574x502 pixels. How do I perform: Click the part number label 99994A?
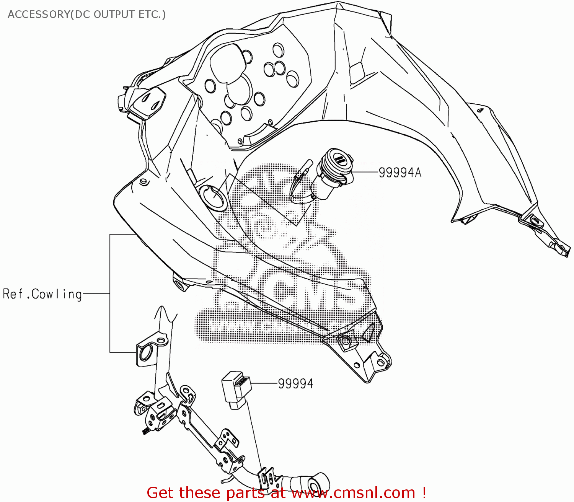pyautogui.click(x=400, y=173)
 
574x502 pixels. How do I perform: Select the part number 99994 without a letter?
pyautogui.click(x=295, y=383)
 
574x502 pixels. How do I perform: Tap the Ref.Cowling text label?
pyautogui.click(x=42, y=294)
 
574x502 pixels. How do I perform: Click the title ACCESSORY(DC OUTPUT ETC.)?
pyautogui.click(x=86, y=15)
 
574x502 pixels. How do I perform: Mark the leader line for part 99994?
pyautogui.click(x=264, y=383)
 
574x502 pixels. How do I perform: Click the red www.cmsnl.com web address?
pyautogui.click(x=353, y=493)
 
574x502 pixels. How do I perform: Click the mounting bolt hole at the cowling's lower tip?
pyautogui.click(x=344, y=341)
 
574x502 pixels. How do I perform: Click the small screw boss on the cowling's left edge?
pyautogui.click(x=143, y=181)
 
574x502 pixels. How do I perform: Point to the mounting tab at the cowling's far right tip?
pyautogui.click(x=563, y=249)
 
